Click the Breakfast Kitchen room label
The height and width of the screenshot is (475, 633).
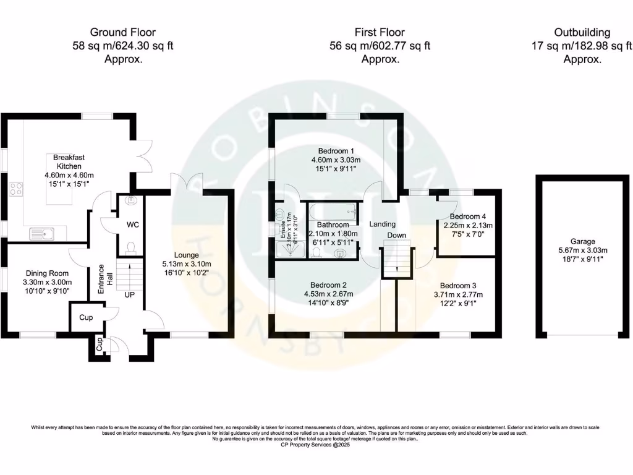pos(69,162)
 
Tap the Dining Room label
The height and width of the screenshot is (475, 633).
pos(47,273)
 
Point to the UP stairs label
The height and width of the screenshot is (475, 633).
pos(130,295)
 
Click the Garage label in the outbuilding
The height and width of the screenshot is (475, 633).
pos(582,242)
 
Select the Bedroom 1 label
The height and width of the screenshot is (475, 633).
pos(336,151)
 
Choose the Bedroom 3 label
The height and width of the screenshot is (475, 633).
pos(457,286)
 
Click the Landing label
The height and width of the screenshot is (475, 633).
pos(383,224)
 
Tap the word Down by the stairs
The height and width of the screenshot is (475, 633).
pos(397,236)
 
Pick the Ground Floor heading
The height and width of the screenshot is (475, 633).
pos(122,32)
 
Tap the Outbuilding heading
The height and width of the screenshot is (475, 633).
pos(582,32)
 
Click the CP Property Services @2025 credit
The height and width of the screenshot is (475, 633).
pos(316,444)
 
